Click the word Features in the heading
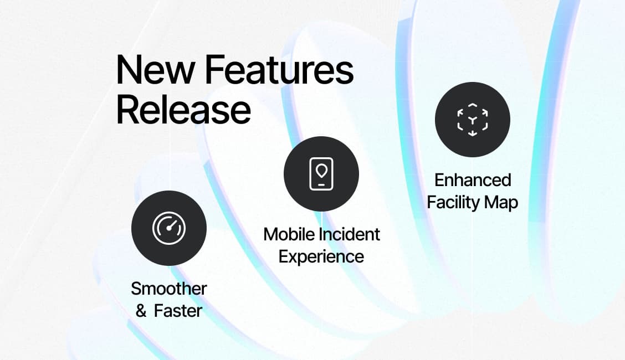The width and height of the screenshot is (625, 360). point(279,69)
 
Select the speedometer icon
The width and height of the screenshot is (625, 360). point(169,228)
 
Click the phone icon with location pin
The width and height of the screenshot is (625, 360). point(321,174)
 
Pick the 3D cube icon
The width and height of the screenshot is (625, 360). point(472,120)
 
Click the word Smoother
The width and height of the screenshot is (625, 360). point(169,289)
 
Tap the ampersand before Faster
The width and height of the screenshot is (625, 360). point(141,311)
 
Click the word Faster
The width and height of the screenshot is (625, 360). point(178,311)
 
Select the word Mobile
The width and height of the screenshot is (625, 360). point(289,234)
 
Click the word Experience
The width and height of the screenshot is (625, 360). point(321,257)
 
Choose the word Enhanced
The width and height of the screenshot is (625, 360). point(473,180)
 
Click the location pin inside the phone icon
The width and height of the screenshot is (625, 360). point(321,171)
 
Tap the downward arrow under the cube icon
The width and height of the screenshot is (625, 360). point(472,133)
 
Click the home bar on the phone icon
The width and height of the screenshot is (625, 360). point(321,185)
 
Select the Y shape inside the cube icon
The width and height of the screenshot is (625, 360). point(472,120)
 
